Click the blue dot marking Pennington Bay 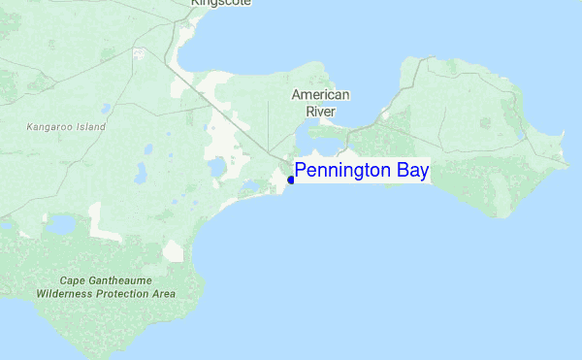tap(291, 180)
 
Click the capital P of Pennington tap(301, 171)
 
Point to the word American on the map tap(320, 95)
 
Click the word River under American tap(320, 112)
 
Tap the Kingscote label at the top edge tap(221, 3)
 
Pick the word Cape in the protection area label tap(73, 279)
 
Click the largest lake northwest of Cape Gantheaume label tap(62, 225)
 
